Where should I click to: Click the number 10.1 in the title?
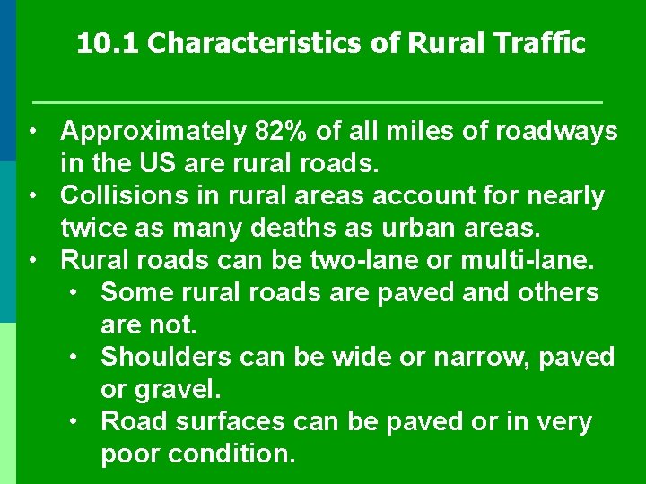107,44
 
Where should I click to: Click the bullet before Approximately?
31,132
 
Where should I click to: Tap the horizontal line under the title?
317,99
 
